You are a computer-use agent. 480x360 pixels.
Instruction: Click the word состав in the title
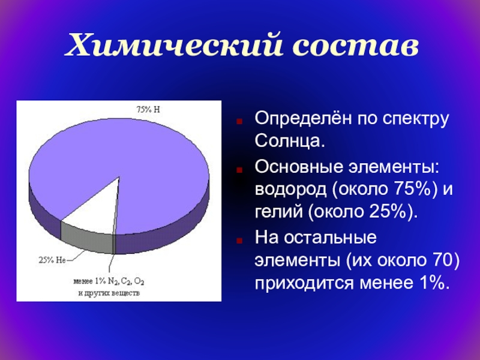tap(356, 47)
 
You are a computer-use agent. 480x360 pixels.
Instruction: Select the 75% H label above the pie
tap(148, 109)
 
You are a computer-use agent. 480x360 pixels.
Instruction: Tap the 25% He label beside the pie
tap(52, 260)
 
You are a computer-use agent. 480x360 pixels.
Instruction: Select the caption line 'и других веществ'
tap(109, 293)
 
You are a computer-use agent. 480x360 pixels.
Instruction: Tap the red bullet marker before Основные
tap(239, 169)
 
